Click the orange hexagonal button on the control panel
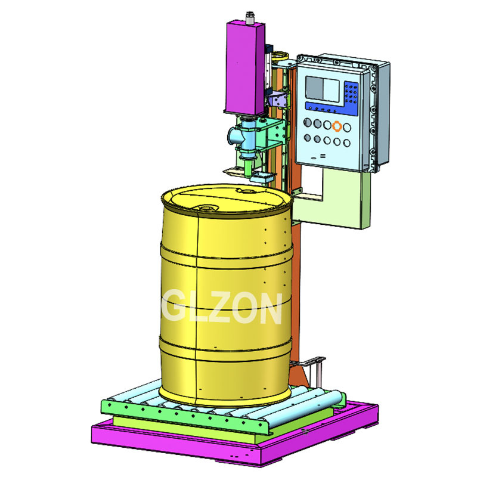[x=338, y=126]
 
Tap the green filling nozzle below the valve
[x=247, y=160]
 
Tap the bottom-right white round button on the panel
[x=347, y=141]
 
